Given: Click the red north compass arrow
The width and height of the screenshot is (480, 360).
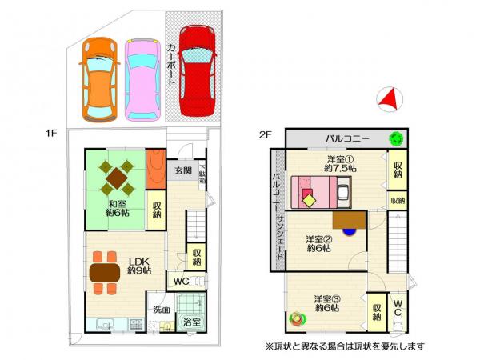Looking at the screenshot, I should pyautogui.click(x=390, y=99).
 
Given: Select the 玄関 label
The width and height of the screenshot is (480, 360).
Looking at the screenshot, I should pyautogui.click(x=182, y=170).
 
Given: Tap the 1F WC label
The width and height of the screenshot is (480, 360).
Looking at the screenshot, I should pyautogui.click(x=179, y=282).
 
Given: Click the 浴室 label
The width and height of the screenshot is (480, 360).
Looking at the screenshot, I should pyautogui.click(x=190, y=322).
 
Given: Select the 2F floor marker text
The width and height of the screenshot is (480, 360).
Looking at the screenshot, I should pyautogui.click(x=265, y=134).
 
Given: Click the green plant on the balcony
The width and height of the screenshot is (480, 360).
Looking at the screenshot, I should pyautogui.click(x=395, y=138).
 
